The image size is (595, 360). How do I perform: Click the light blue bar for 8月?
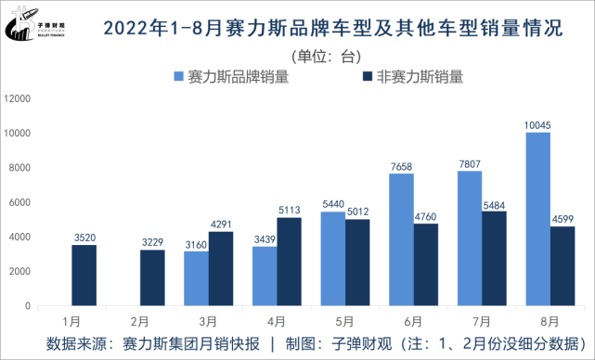537,219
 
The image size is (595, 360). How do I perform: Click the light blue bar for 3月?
197,278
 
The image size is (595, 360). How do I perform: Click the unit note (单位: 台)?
324,57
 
